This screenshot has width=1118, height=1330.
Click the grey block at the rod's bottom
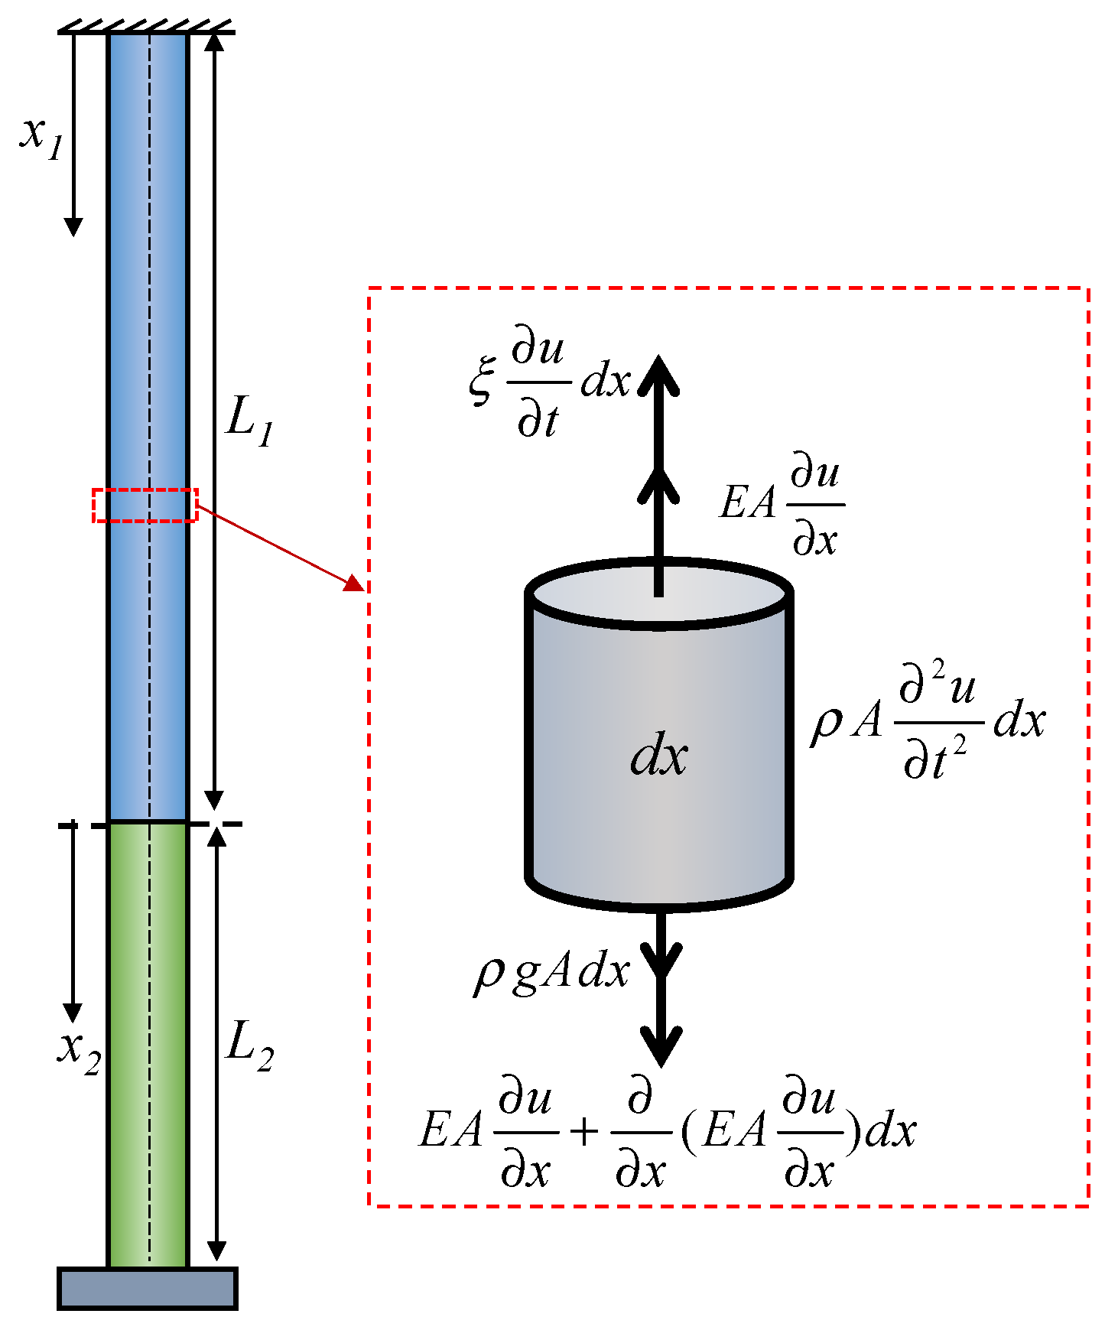[148, 1289]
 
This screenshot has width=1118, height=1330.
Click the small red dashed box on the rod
[145, 506]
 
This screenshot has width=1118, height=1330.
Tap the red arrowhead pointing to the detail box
[354, 584]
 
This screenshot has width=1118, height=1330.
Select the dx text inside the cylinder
[658, 757]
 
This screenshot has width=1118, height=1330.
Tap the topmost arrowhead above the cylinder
[659, 375]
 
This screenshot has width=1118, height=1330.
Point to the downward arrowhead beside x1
[73, 226]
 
